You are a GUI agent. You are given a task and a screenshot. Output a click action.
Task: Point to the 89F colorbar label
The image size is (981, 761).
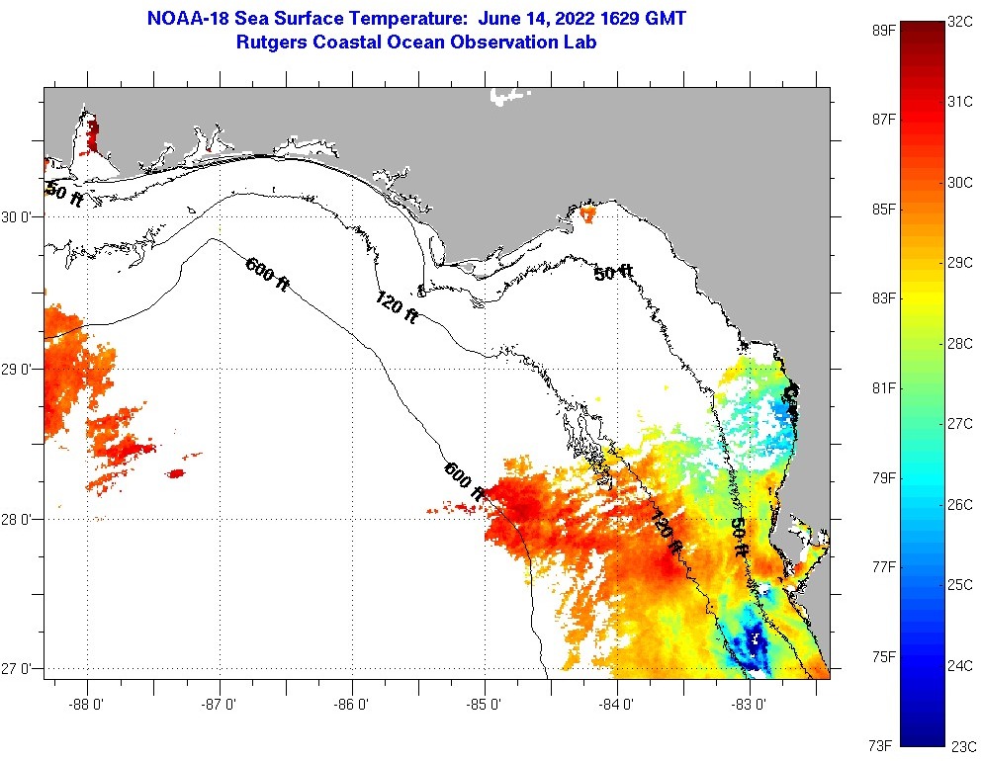[x=883, y=30]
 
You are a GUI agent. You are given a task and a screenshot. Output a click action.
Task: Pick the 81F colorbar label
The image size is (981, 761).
[x=883, y=387]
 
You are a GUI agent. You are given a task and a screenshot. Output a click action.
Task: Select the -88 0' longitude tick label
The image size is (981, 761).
[x=87, y=706]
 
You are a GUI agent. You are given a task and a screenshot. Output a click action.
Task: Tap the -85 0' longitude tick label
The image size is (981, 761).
[x=485, y=706]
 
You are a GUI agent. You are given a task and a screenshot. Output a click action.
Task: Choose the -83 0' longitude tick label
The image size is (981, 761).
[x=750, y=706]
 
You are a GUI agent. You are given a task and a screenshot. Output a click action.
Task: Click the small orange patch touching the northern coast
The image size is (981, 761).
[x=588, y=212]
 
